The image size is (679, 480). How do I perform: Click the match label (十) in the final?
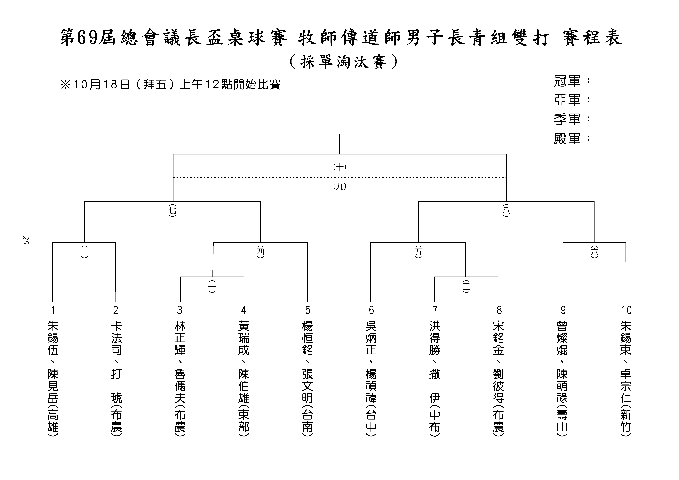tap(340, 167)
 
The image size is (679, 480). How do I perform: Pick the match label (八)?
tap(506, 210)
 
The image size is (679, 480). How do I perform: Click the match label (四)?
tap(260, 252)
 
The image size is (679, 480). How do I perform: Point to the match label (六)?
tap(594, 252)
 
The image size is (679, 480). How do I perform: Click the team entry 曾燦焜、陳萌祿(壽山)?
tap(562, 379)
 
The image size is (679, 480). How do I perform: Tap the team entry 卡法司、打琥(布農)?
tap(116, 379)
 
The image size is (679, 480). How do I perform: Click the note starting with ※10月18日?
tap(170, 85)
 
